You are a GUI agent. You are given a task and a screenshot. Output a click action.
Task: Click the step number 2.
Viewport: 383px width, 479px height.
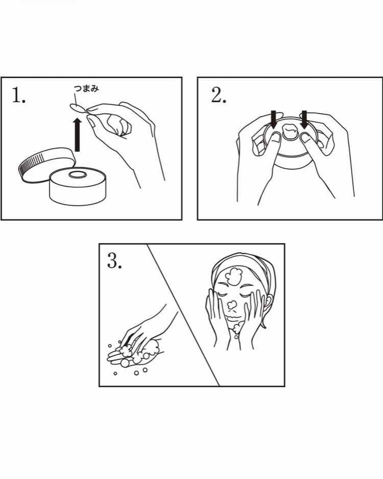(218, 96)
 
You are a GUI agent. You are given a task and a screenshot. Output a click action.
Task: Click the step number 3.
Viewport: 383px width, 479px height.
(114, 261)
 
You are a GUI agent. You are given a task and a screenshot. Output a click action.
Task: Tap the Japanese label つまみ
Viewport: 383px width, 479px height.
(86, 89)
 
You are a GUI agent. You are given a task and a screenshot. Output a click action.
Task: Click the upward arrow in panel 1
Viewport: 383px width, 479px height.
(77, 135)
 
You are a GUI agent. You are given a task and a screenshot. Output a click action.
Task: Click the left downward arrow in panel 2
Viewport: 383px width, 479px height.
(275, 119)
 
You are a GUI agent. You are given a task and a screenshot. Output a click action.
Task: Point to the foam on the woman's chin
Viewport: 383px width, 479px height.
(236, 329)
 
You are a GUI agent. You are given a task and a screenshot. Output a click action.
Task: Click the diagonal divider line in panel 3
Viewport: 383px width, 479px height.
(183, 314)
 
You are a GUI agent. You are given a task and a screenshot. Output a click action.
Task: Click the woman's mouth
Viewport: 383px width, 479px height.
(233, 318)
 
